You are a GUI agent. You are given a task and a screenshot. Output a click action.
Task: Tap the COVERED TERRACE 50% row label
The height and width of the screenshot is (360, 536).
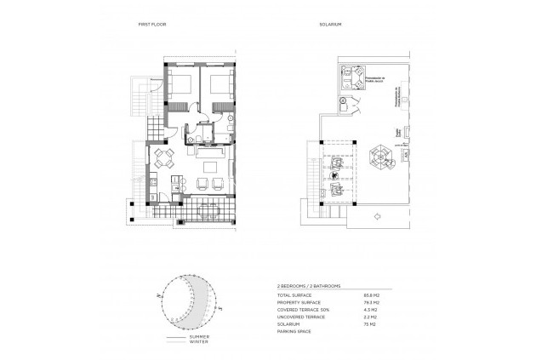click(x=302, y=308)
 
